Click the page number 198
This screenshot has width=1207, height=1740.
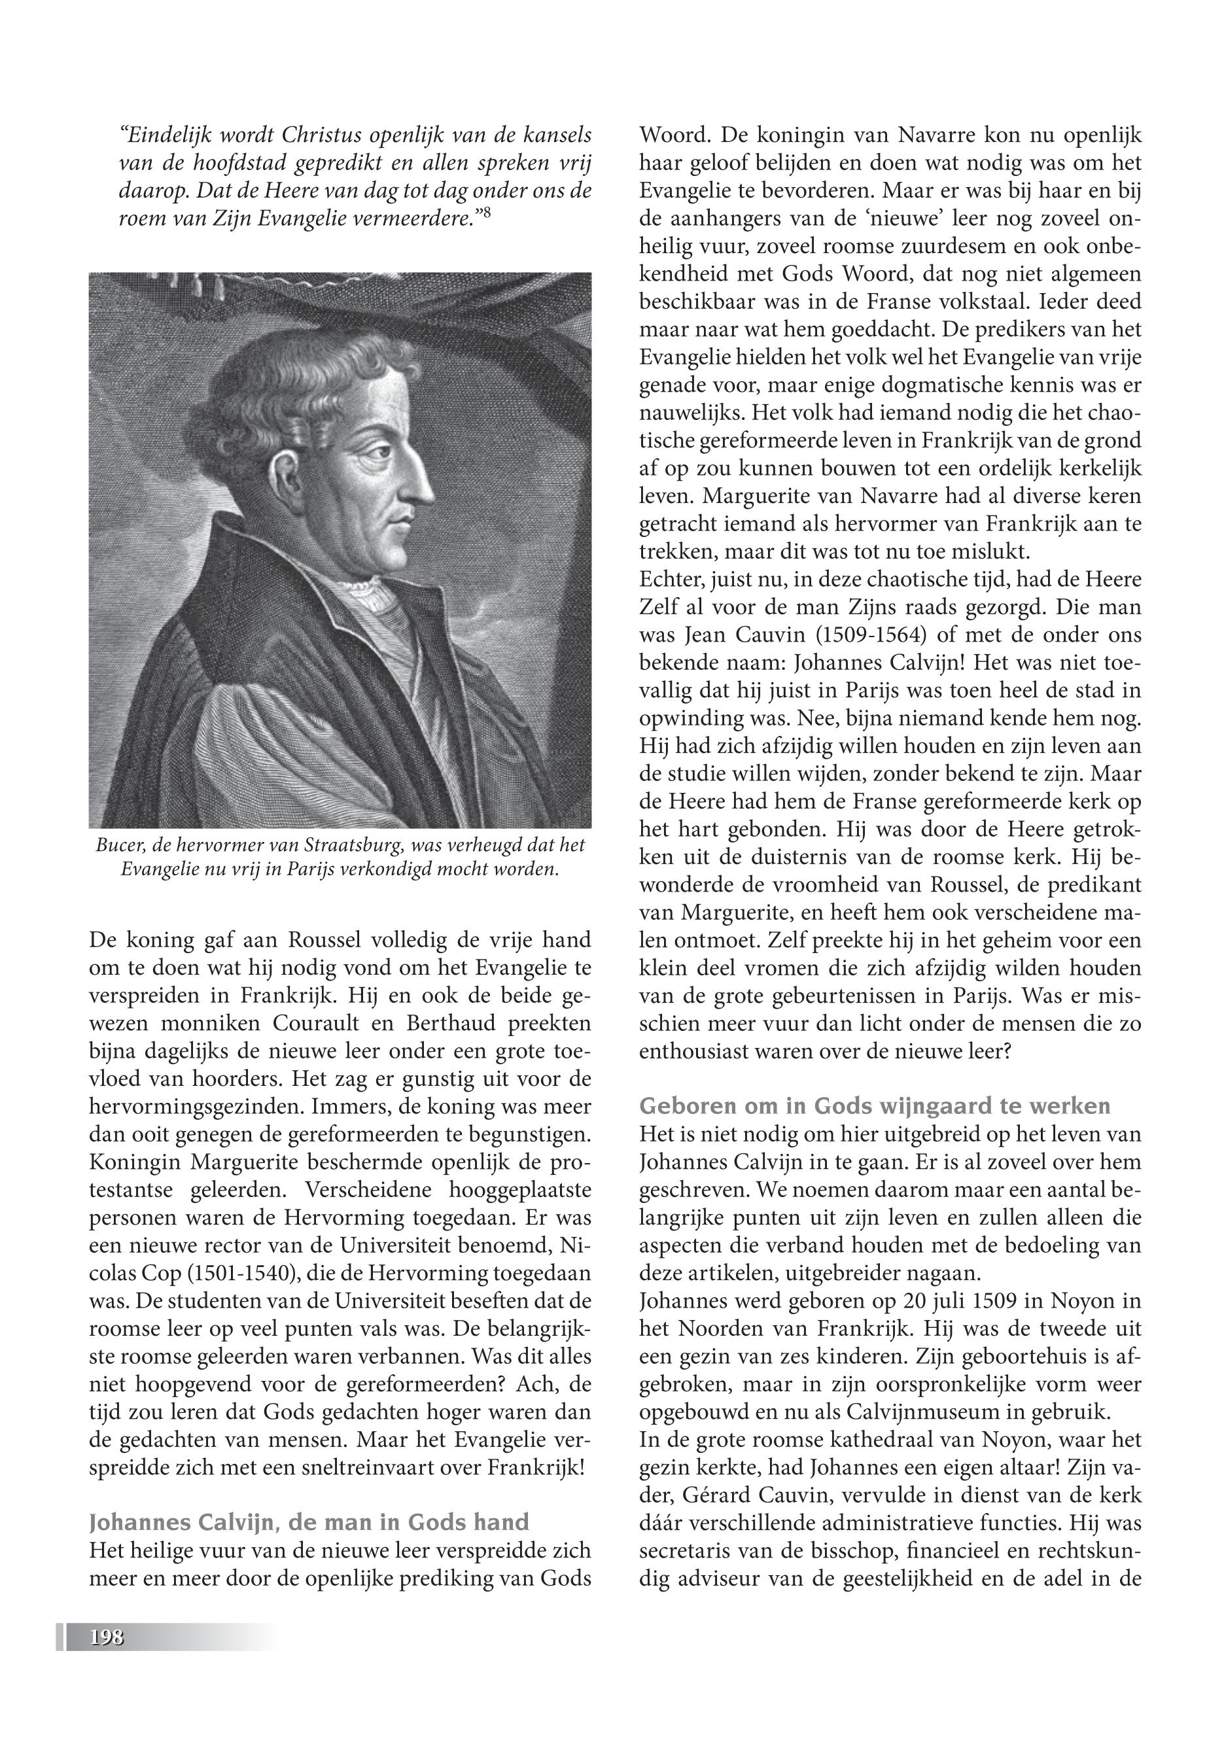tap(106, 1637)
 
